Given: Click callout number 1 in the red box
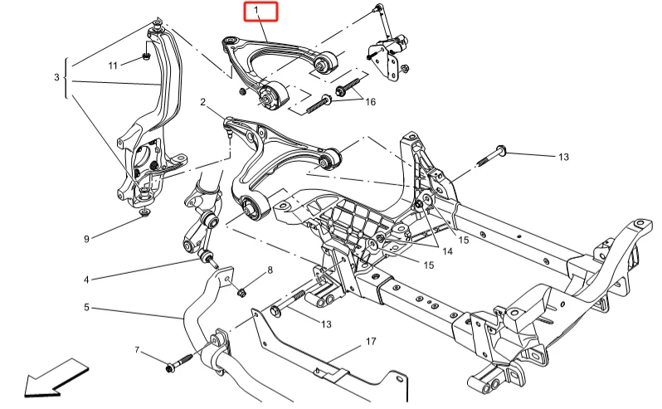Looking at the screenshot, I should (258, 12).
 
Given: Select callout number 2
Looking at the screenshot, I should (202, 102).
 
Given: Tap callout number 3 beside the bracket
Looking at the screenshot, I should (56, 77).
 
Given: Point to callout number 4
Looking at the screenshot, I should (85, 279).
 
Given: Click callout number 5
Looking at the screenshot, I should (86, 308).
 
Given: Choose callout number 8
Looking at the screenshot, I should (269, 271).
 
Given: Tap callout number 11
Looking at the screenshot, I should (113, 64).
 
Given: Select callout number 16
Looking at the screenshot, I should (370, 101).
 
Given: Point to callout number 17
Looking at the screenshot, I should (370, 341).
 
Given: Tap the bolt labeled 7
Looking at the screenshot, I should (179, 363).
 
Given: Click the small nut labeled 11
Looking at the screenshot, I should (144, 56).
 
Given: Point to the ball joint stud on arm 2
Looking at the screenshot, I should (230, 128).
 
